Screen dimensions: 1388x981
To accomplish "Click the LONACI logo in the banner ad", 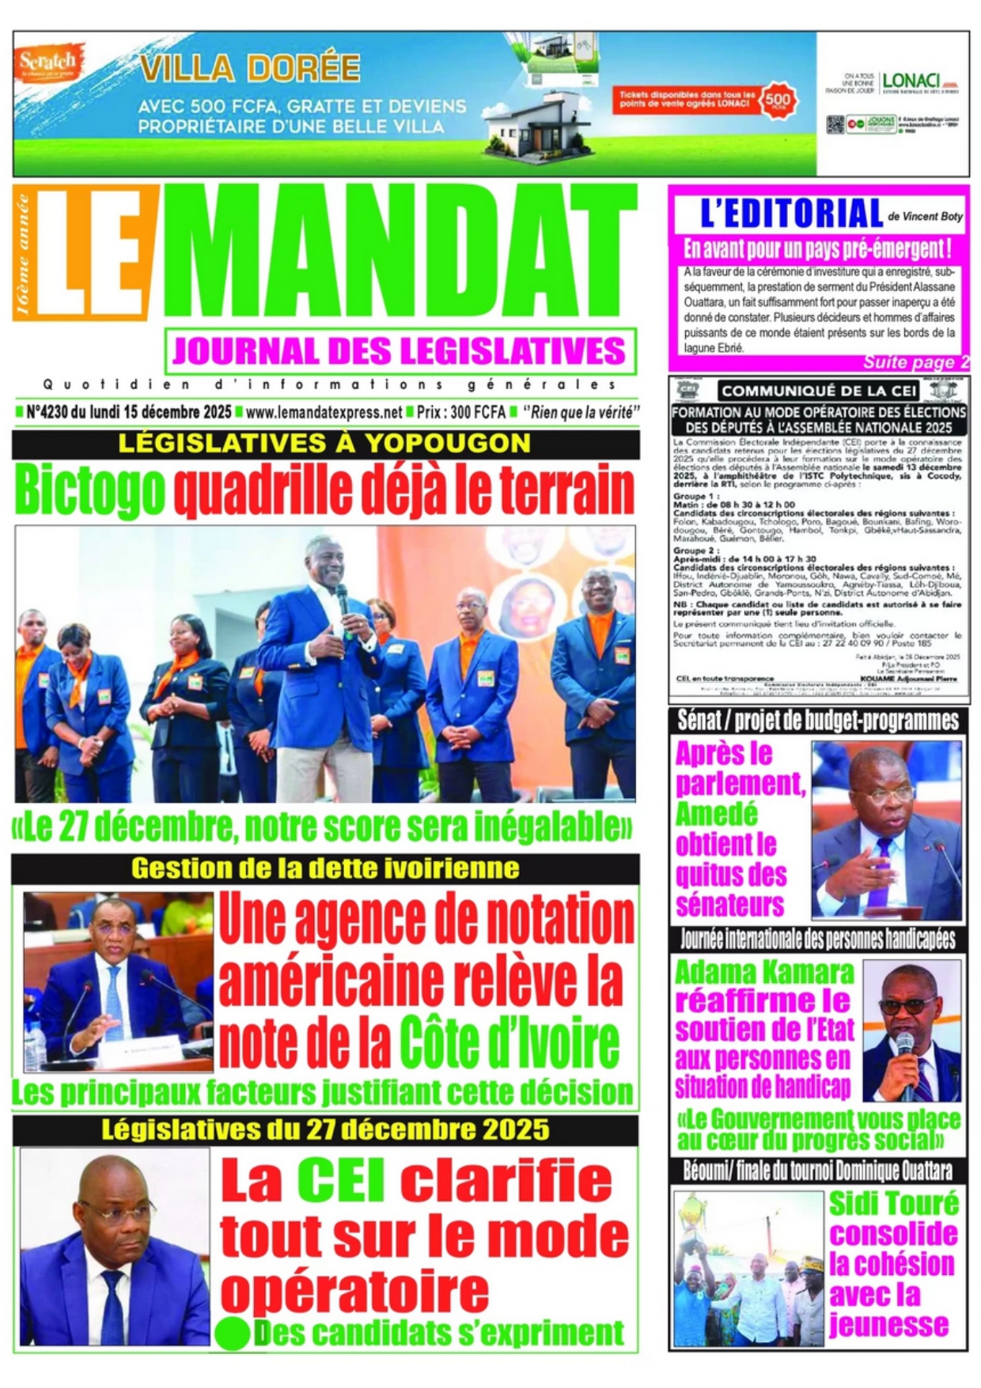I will (x=911, y=81).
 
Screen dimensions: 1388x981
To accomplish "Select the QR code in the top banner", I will (x=835, y=124).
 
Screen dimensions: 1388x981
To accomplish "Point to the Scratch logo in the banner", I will (x=47, y=61).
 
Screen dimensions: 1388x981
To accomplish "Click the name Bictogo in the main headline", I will (x=90, y=491).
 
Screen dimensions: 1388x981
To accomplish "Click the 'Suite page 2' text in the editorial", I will (x=915, y=363).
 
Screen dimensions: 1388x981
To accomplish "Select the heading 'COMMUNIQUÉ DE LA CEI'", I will (x=819, y=391).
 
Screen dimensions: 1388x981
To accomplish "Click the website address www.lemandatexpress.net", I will (x=324, y=412).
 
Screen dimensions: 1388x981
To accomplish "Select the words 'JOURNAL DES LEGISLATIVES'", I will (x=400, y=351).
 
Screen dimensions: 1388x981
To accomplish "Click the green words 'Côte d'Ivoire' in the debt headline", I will (x=509, y=1043).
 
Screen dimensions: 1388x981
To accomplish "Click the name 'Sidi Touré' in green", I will (x=893, y=1203).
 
